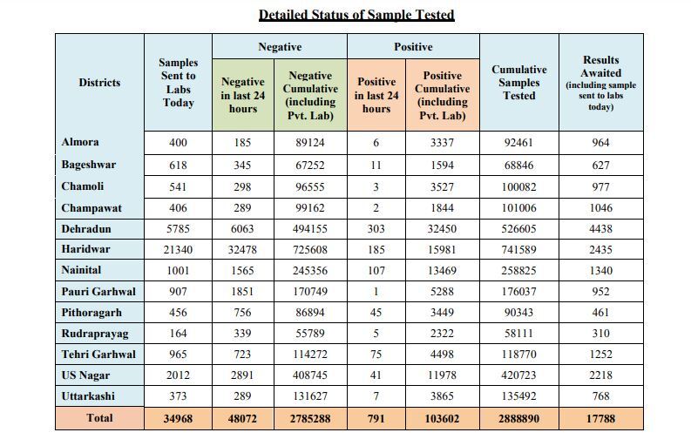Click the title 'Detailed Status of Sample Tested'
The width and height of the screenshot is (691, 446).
(356, 15)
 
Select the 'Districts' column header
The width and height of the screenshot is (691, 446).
(99, 83)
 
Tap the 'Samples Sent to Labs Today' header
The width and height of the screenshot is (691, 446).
(178, 83)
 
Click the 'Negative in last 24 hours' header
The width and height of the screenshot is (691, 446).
(243, 95)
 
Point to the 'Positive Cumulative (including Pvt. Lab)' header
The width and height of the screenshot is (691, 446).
(442, 95)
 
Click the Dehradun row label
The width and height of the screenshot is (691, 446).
(86, 229)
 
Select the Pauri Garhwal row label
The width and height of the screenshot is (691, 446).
(98, 292)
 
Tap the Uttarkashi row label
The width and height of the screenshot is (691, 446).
(88, 396)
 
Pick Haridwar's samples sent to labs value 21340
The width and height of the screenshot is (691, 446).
(178, 250)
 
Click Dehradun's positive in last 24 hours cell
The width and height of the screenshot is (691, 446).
(376, 229)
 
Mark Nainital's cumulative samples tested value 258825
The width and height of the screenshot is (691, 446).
(518, 271)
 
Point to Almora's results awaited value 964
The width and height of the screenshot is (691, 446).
(600, 143)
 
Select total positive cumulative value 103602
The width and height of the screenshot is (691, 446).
(442, 419)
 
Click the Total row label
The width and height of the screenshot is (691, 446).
(99, 418)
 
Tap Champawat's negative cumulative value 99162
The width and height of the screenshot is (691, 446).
(310, 208)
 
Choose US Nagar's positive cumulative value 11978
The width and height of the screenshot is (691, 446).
(442, 375)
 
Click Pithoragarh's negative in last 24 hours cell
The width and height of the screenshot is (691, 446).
(242, 313)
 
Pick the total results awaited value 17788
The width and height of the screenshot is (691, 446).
(600, 419)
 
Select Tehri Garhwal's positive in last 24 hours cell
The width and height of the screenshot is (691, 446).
(376, 355)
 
